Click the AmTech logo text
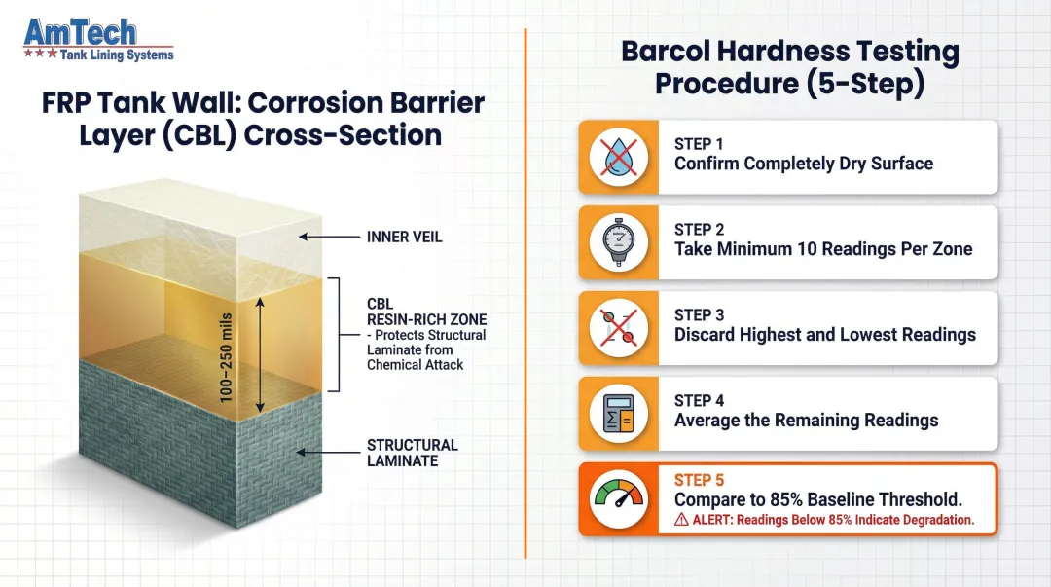coord(80,33)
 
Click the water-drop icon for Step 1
coord(619,157)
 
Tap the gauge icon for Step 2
coord(619,242)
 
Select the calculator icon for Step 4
coord(619,414)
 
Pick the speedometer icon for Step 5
coord(619,499)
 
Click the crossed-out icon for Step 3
coord(619,328)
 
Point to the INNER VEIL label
coord(404,237)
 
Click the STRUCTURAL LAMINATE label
coord(412,453)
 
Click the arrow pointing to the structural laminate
coord(327,453)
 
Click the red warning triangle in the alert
coord(681,521)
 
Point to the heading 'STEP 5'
coord(700,480)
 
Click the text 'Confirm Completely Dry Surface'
coord(804,164)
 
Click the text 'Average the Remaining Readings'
coord(806,421)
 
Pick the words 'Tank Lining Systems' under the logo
coord(117,55)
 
